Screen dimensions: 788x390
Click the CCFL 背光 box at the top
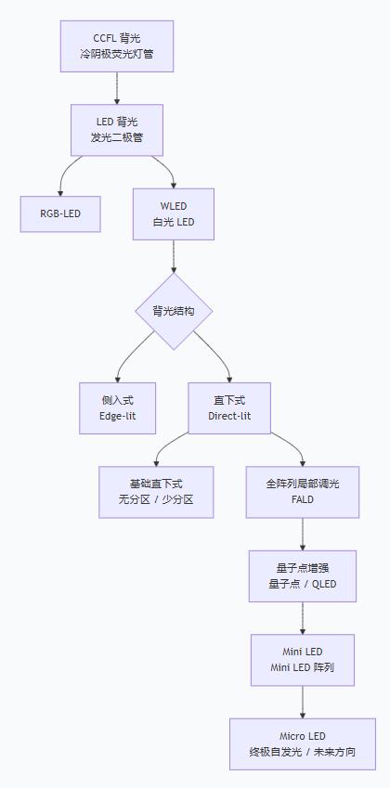[x=117, y=46]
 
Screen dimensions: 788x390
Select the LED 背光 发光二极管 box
[x=117, y=130]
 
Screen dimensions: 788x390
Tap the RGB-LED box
[x=60, y=213]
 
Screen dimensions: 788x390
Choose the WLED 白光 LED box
[x=174, y=214]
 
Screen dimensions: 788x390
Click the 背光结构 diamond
[x=174, y=311]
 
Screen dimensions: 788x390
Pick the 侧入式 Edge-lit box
[x=117, y=407]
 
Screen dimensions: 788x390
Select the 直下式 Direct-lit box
[x=229, y=407]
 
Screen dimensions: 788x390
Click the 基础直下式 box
[x=156, y=491]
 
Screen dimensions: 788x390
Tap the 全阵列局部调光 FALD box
[x=303, y=491]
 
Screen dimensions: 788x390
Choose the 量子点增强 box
[x=303, y=575]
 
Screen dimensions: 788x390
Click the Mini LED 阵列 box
[x=303, y=660]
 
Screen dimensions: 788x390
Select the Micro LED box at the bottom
[x=303, y=743]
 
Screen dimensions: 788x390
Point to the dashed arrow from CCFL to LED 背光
[x=117, y=87]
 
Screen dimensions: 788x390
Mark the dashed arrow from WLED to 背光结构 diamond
[x=174, y=255]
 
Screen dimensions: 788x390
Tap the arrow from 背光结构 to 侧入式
[x=130, y=356]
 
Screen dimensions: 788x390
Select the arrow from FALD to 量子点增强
[x=303, y=534]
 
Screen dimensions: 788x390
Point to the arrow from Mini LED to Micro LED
[x=303, y=702]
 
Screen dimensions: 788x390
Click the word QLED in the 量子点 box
[x=323, y=585]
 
